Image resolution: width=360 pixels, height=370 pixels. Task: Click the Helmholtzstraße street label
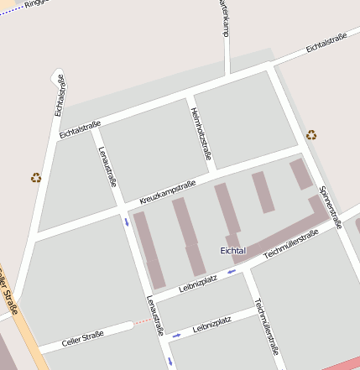[201, 133]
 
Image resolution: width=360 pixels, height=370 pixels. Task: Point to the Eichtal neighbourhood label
[232, 251]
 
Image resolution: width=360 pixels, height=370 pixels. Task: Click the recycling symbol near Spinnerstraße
[311, 134]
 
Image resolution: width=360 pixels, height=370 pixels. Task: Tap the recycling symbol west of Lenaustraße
[36, 177]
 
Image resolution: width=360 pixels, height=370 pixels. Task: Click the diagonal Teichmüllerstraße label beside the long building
[290, 244]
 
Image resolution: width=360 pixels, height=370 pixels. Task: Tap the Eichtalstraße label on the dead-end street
[60, 95]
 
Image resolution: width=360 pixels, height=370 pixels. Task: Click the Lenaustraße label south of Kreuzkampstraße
[154, 315]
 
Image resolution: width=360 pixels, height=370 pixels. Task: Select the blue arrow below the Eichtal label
[230, 272]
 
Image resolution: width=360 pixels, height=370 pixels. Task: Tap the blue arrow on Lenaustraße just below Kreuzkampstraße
[127, 222]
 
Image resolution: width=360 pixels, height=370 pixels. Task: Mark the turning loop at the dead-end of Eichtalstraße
[57, 76]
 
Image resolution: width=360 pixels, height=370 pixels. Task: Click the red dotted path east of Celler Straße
[143, 320]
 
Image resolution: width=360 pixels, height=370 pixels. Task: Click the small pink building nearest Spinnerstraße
[300, 174]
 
